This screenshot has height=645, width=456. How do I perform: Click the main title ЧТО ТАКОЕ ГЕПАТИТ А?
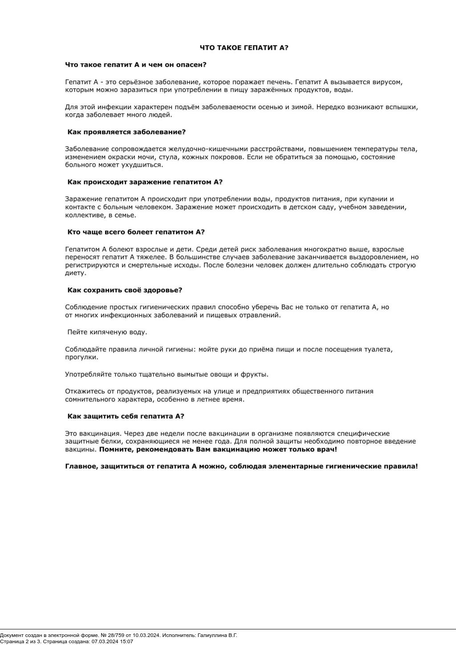click(244, 48)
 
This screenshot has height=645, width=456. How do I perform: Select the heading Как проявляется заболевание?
click(126, 132)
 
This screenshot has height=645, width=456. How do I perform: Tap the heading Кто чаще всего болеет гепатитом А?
click(136, 232)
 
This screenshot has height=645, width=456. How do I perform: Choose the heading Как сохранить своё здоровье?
click(125, 290)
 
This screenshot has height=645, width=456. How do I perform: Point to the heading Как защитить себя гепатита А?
click(126, 416)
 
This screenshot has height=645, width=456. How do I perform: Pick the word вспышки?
click(403, 107)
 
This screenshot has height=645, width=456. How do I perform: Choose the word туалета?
click(378, 349)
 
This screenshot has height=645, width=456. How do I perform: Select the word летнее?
click(212, 399)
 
